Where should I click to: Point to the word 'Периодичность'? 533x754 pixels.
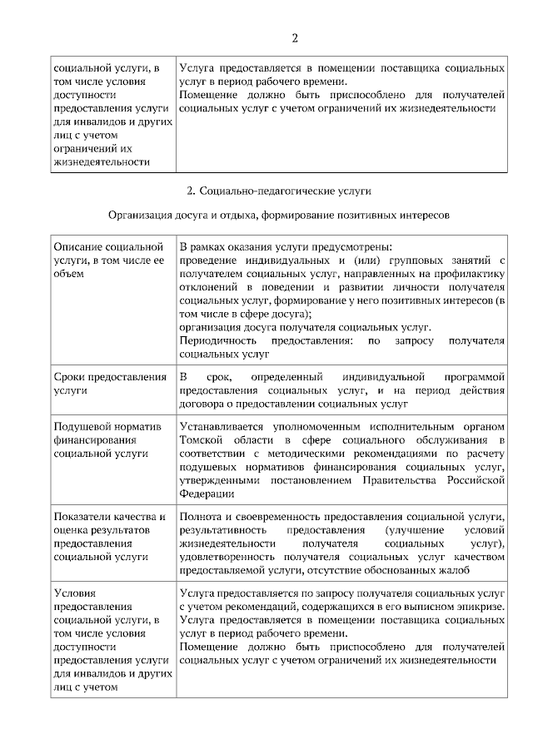(x=221, y=341)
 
